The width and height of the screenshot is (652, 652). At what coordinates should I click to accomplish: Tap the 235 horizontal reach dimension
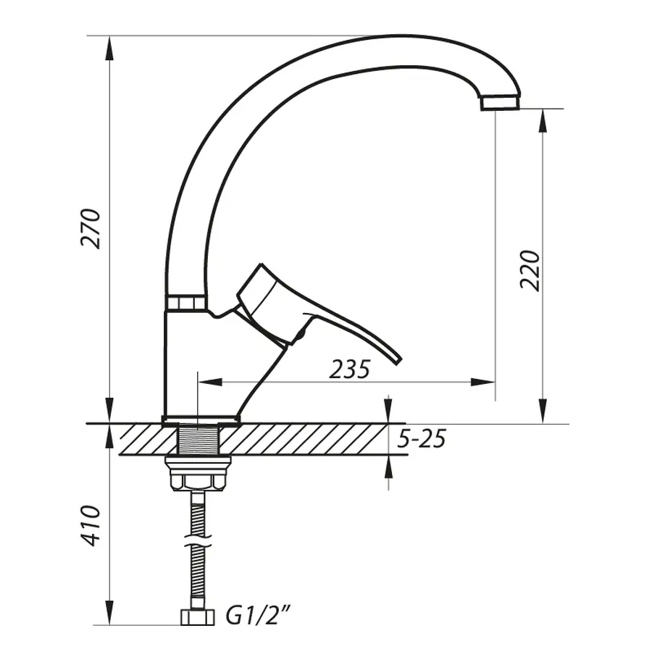tap(349, 369)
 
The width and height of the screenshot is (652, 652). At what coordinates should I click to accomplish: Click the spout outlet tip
tap(501, 101)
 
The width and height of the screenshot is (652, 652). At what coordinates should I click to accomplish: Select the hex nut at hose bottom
tap(197, 617)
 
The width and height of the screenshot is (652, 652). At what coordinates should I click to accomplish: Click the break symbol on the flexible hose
tap(197, 544)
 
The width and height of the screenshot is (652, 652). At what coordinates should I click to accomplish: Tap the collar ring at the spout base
tap(186, 303)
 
